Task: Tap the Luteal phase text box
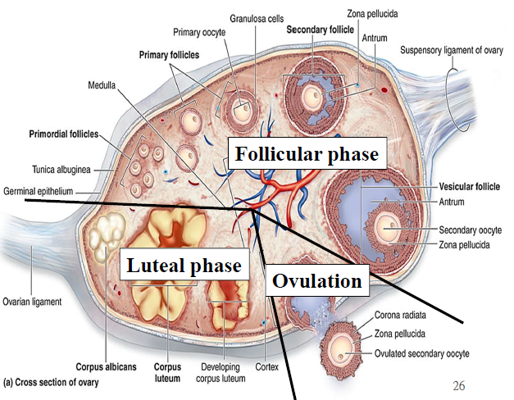(182, 266)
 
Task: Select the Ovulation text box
(316, 281)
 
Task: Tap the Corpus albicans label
(106, 367)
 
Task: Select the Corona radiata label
(406, 314)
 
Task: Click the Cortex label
(266, 366)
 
